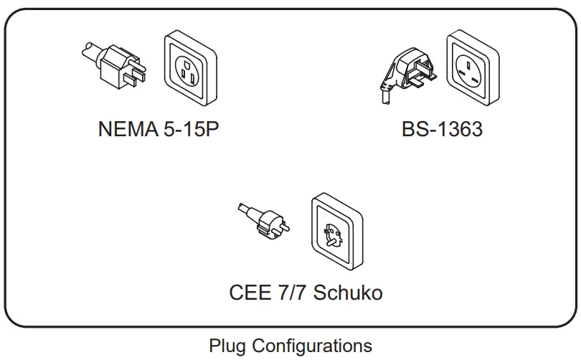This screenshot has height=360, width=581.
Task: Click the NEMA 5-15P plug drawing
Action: point(115,65)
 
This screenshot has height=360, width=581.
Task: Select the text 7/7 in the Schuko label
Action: point(291,293)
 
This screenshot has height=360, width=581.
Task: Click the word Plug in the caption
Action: point(227,346)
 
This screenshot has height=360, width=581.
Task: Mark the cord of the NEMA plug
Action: point(88,51)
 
